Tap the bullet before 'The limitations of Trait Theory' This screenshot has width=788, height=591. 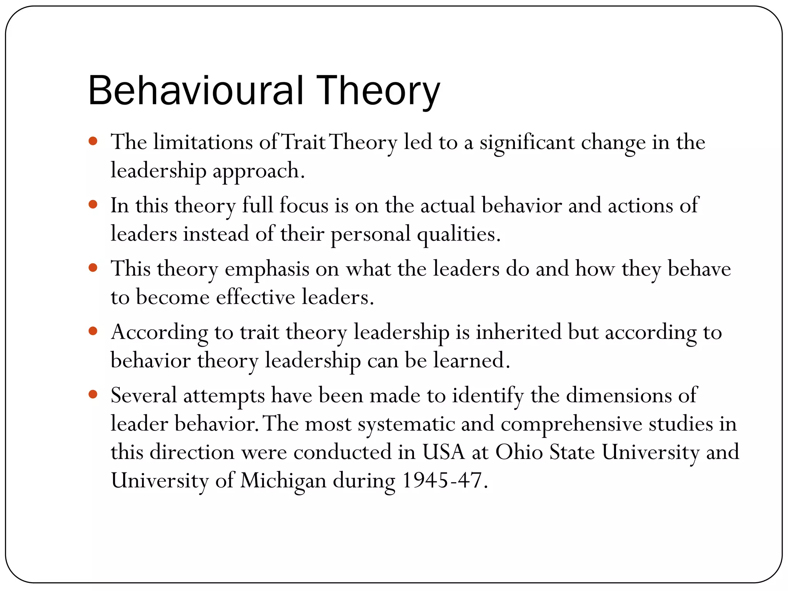[93, 141]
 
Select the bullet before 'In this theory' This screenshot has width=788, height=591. [93, 204]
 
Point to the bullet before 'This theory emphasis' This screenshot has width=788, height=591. [93, 267]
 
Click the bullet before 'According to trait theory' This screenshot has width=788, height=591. [93, 331]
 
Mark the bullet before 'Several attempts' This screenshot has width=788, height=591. [93, 394]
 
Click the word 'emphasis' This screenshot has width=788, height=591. [267, 269]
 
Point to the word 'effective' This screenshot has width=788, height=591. [255, 297]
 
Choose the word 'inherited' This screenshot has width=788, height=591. [519, 332]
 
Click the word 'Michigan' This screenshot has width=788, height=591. [283, 481]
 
